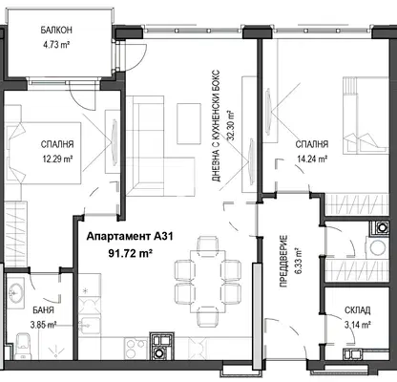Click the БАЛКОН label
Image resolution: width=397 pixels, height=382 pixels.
tap(56, 31)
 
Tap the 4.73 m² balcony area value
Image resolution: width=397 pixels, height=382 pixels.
tap(56, 45)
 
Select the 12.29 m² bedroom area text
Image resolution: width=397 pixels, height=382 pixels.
tap(57, 159)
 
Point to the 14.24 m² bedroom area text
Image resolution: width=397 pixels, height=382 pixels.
tap(312, 159)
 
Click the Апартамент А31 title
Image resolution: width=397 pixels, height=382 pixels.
tap(130, 237)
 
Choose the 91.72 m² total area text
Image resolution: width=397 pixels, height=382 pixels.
tap(130, 253)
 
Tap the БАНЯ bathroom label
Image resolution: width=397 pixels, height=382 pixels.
tap(43, 310)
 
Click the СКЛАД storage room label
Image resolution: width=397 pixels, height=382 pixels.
tap(357, 310)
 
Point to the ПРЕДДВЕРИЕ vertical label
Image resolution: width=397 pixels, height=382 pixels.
tap(283, 261)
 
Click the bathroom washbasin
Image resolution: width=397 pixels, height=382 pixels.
tap(15, 292)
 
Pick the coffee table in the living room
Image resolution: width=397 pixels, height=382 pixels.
tap(189, 123)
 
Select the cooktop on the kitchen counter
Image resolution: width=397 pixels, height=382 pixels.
tap(136, 349)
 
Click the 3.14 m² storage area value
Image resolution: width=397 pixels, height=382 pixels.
tap(357, 325)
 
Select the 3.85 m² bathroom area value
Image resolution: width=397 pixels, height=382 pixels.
tap(43, 325)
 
